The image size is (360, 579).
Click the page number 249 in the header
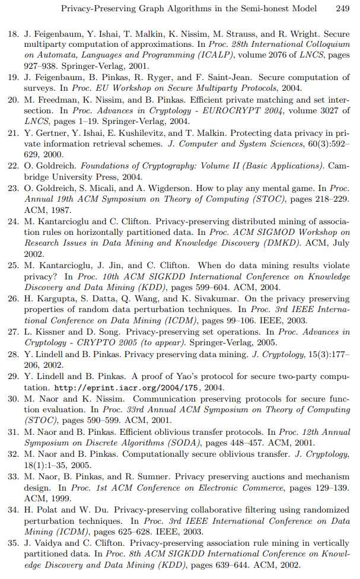click(342, 9)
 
